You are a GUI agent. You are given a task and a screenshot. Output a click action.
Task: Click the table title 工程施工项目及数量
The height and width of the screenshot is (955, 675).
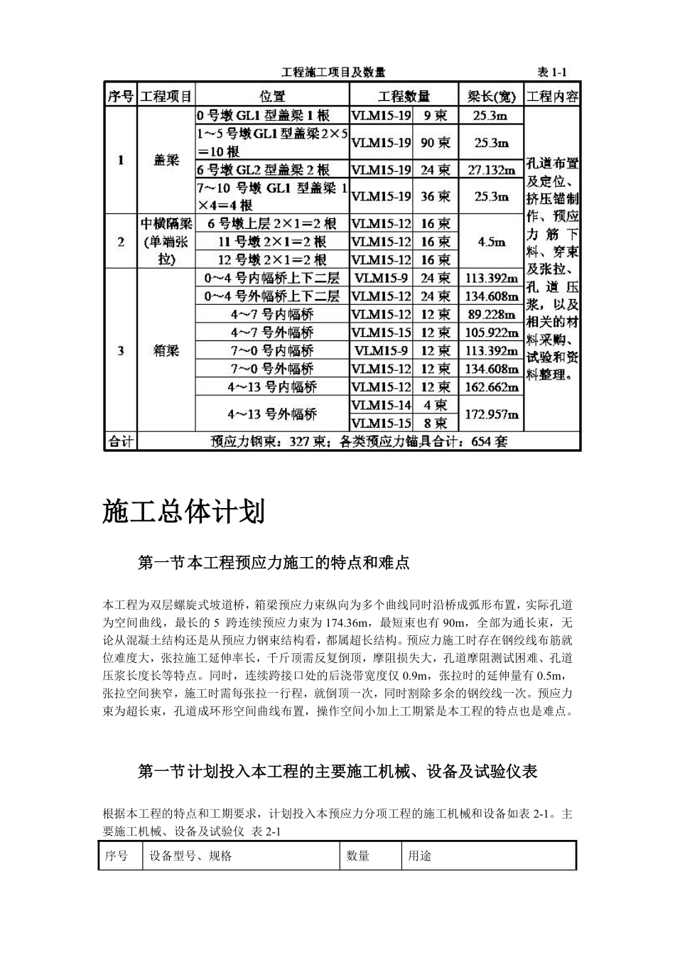333,72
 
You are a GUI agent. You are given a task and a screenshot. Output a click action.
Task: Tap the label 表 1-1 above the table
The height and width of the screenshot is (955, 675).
551,72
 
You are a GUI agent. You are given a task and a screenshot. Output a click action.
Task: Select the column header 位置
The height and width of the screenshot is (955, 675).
271,96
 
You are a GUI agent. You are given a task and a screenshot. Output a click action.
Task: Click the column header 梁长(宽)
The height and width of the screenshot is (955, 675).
491,96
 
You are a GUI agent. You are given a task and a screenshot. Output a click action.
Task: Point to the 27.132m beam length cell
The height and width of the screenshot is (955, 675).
491,170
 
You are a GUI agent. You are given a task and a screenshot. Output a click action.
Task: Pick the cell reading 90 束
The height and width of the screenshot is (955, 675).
436,143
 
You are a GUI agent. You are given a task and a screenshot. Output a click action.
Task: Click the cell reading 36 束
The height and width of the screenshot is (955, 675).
436,196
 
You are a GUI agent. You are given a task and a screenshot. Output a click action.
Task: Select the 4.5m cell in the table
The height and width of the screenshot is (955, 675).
491,242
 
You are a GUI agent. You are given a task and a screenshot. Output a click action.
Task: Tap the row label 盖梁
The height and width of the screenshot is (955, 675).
166,161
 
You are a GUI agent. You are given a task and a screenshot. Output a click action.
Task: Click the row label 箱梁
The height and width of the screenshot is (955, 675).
166,350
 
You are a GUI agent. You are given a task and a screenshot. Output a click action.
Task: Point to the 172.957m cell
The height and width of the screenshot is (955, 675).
491,414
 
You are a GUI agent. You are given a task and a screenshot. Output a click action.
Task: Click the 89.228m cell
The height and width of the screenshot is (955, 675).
491,314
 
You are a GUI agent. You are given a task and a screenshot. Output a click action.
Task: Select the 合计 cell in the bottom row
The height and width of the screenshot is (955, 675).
121,441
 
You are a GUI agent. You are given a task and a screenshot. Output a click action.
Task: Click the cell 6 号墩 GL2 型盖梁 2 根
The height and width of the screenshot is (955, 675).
264,170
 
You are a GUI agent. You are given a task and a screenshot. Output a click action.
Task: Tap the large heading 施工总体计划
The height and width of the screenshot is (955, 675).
184,512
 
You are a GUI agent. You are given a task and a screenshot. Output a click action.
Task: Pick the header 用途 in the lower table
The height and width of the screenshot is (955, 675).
419,856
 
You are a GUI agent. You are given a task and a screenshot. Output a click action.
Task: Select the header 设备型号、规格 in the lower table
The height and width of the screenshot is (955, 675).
190,856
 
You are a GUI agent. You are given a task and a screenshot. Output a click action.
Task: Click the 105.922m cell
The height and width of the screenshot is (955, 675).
491,333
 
